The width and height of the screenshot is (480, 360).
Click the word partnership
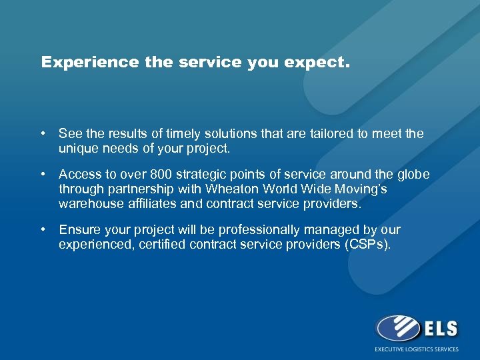(133, 189)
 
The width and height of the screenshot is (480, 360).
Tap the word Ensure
(78, 230)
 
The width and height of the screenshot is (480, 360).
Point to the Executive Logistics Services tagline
(417, 349)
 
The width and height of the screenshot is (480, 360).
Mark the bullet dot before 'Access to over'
(43, 175)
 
